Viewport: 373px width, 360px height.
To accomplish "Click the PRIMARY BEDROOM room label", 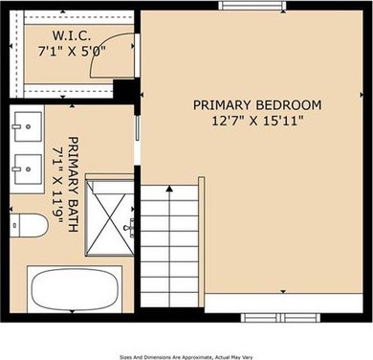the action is [257, 105].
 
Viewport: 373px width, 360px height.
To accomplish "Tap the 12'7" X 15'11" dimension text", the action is [257, 121].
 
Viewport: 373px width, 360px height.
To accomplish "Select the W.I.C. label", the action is [72, 35].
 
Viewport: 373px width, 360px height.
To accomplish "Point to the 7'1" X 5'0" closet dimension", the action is [72, 51].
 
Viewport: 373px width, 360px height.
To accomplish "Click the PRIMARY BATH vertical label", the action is [74, 185].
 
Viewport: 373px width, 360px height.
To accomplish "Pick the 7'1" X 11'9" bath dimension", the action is [57, 186].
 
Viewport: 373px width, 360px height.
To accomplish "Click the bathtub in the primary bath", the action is [75, 289].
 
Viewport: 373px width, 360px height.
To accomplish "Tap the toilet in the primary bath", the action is [29, 225].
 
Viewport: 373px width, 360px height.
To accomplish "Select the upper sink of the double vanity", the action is [28, 126].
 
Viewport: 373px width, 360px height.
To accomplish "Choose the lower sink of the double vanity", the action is [28, 169].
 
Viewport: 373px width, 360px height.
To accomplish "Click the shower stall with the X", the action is [109, 217].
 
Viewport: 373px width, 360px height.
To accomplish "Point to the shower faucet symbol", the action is [129, 228].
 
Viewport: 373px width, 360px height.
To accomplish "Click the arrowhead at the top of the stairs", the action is [169, 189].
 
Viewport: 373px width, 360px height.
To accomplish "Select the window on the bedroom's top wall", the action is [252, 6].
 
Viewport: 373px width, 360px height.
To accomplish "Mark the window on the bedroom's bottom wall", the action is [280, 318].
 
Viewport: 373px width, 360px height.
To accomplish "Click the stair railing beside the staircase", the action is [202, 237].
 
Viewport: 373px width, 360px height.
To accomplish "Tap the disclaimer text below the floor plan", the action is [186, 357].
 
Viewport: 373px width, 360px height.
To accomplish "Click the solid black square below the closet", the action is [125, 89].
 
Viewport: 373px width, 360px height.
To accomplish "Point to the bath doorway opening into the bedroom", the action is [138, 141].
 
